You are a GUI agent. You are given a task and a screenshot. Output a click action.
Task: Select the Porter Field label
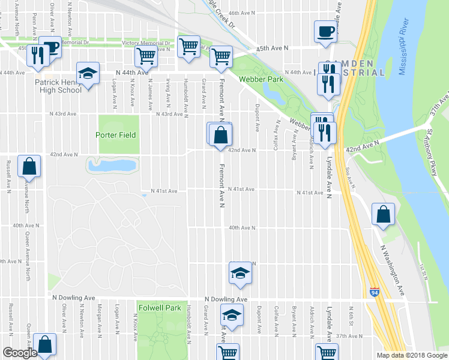[117, 134]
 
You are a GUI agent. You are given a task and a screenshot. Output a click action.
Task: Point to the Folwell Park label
[160, 308]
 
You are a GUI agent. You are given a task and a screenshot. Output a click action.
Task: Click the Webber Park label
[259, 79]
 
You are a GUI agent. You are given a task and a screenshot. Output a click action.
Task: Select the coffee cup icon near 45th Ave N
[325, 31]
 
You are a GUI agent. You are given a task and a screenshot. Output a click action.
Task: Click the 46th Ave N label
[242, 13]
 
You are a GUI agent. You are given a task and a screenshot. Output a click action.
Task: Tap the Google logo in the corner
[20, 353]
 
